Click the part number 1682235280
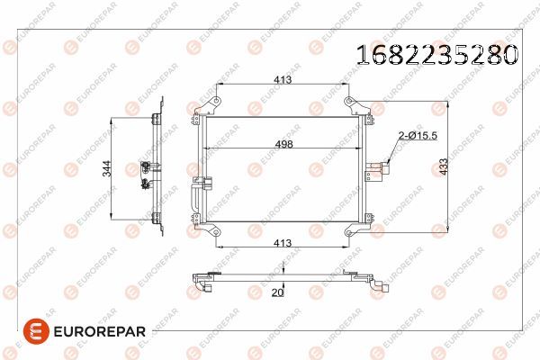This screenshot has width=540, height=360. pos(436,55)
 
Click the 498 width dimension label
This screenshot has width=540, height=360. pos(283,144)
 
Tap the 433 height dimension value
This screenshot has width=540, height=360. pos(444,166)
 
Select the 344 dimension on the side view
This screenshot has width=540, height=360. pos(107,168)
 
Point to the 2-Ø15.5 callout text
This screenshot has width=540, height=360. pos(418,136)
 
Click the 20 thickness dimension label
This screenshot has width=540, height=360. pos(277,292)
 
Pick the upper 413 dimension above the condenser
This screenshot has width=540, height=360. pos(283,80)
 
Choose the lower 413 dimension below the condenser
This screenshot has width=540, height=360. pos(283,243)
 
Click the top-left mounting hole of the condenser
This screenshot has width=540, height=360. pos(216,101)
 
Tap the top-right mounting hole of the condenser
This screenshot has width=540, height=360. pos(349,101)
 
